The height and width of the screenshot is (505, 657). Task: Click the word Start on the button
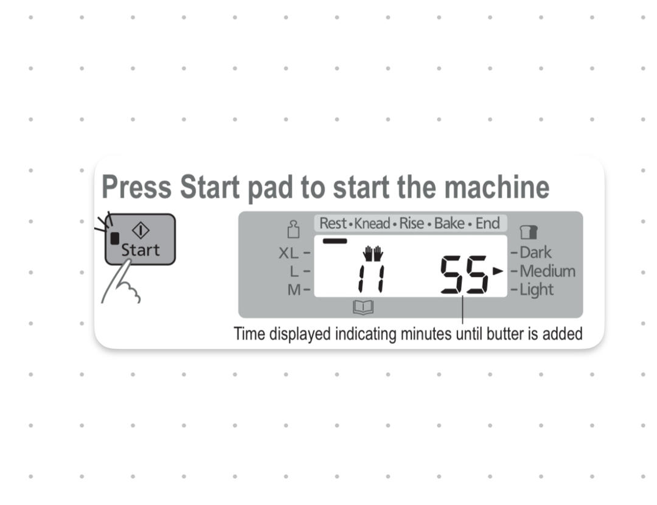pyautogui.click(x=141, y=250)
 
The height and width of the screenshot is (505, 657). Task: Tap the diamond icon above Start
pyautogui.click(x=141, y=230)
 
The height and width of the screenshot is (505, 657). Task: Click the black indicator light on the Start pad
pyautogui.click(x=114, y=239)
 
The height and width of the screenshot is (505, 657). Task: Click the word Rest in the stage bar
pyautogui.click(x=333, y=223)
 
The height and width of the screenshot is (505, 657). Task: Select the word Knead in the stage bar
pyautogui.click(x=372, y=223)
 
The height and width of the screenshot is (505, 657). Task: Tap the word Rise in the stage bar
pyautogui.click(x=412, y=223)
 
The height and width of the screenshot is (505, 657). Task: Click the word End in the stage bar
pyautogui.click(x=487, y=223)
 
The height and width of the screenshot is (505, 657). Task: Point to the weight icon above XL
pyautogui.click(x=293, y=229)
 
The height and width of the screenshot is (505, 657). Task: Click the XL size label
pyautogui.click(x=289, y=253)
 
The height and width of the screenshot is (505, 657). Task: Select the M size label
pyautogui.click(x=294, y=290)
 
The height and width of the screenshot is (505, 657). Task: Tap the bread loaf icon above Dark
pyautogui.click(x=529, y=232)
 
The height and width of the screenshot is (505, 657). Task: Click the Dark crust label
pyautogui.click(x=535, y=252)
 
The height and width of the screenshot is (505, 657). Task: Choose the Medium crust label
pyautogui.click(x=547, y=271)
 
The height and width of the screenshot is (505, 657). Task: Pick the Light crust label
pyautogui.click(x=537, y=290)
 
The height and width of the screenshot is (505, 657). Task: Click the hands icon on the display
pyautogui.click(x=373, y=254)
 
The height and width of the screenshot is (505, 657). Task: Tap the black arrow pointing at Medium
pyautogui.click(x=498, y=271)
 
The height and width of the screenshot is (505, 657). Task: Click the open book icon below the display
pyautogui.click(x=363, y=307)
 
